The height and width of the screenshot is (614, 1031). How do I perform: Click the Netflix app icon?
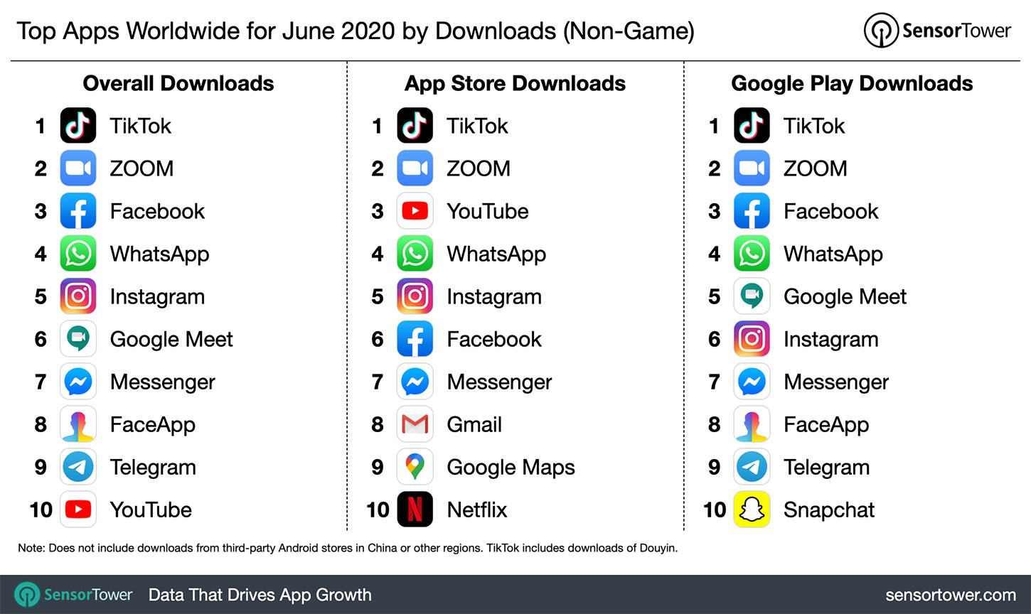coord(415,510)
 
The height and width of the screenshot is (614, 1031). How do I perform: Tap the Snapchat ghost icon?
coord(752,510)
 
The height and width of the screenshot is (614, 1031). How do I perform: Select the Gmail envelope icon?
coord(415,424)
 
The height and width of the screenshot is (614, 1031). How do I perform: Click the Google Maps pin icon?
coord(415,467)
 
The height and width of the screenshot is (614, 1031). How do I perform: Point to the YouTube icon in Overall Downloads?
coord(78,510)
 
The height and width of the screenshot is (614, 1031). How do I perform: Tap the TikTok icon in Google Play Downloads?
coord(752,126)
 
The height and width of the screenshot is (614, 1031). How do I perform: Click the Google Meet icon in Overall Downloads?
coord(78,339)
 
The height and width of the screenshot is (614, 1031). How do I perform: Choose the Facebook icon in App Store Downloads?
coord(415,339)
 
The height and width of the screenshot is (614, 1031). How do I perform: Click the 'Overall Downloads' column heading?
coord(178,83)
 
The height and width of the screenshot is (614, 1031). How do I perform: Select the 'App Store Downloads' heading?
coord(515,83)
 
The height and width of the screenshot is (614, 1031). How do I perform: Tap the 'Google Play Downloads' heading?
coord(852,83)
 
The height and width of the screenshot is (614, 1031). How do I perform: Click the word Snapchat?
coord(829,510)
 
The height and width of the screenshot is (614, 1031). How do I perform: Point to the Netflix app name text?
coord(477,510)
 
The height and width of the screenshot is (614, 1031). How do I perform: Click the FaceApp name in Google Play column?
coord(826,425)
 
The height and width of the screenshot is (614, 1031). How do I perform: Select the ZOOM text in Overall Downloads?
coord(141,168)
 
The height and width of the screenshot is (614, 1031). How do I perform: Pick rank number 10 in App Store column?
coord(378,510)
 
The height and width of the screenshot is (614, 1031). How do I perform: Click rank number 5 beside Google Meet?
coord(715,296)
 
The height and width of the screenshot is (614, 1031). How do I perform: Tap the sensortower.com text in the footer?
coord(951,595)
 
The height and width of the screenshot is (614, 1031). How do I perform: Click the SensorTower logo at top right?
coord(937,31)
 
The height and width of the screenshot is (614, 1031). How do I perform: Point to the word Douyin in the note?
coord(659,548)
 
